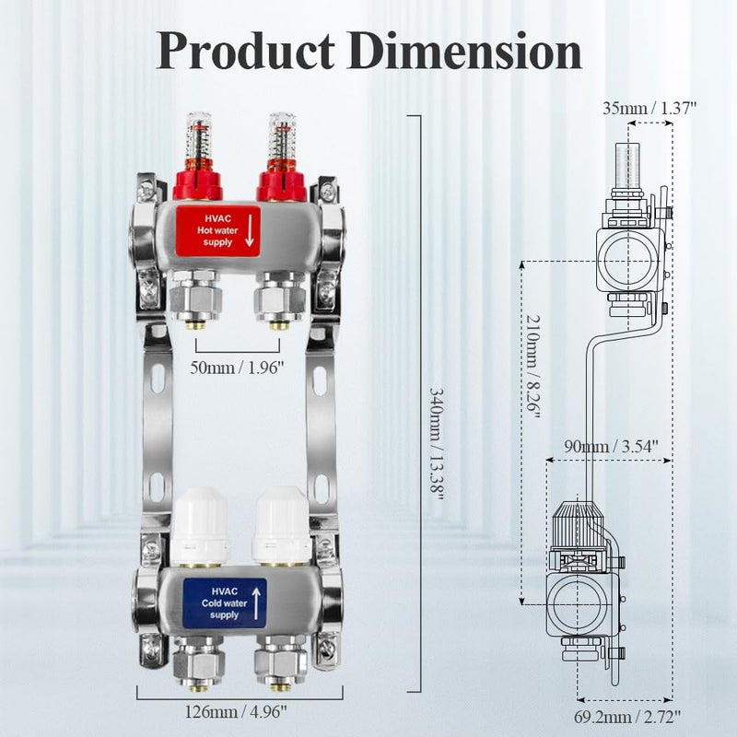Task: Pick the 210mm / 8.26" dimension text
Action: point(532,386)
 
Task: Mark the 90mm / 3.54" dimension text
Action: point(605,447)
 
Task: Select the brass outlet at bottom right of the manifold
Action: point(281,684)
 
